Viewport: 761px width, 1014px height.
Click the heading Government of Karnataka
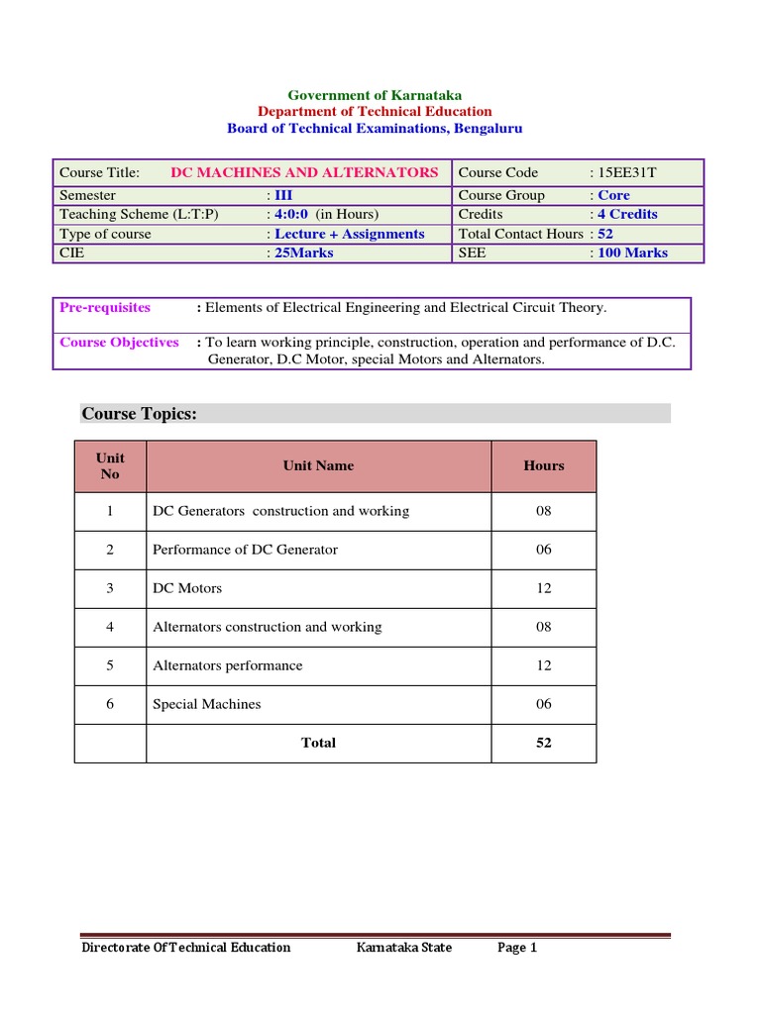(x=375, y=95)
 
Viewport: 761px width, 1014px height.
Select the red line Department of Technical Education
(x=375, y=112)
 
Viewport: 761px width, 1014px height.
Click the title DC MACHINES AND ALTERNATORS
(x=304, y=172)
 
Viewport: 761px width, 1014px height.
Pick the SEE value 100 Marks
(x=631, y=253)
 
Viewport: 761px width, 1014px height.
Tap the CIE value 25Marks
(x=303, y=253)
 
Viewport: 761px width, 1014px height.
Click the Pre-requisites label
(x=105, y=307)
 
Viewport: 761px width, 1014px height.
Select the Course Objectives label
(x=119, y=343)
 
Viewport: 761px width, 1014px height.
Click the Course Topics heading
(x=139, y=413)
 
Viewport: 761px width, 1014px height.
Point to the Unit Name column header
(x=318, y=465)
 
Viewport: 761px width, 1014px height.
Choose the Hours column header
(x=544, y=465)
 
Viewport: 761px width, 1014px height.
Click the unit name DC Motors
(x=187, y=588)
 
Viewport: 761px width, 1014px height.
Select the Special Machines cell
(x=207, y=704)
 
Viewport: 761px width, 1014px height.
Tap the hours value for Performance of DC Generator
(x=544, y=550)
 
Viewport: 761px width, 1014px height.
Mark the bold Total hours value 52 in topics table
(x=544, y=743)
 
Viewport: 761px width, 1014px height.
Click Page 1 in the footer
(x=516, y=948)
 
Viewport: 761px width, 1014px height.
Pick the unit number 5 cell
(x=110, y=665)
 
